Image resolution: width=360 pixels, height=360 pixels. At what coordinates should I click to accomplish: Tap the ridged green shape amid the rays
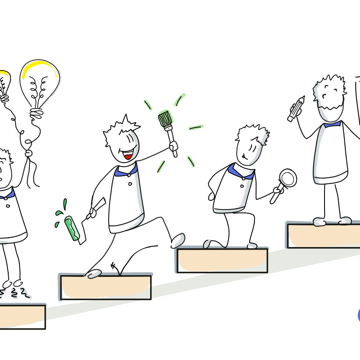coord(166,117)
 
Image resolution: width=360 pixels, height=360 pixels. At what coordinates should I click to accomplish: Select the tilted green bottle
coord(72,228)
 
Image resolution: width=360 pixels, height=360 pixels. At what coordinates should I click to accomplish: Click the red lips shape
coord(128,157)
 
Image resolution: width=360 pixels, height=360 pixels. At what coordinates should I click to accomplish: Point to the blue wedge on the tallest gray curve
coord(332,125)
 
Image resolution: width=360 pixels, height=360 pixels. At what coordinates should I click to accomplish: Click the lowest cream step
coord(22,316)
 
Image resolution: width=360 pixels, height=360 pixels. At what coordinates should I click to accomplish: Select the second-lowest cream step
coord(106,287)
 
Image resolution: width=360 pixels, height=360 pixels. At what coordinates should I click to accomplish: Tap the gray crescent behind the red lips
coord(136,145)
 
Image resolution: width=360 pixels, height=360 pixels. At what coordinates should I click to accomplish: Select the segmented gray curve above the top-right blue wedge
coord(319,102)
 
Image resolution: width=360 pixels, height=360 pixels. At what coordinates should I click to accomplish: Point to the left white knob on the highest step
coord(318,222)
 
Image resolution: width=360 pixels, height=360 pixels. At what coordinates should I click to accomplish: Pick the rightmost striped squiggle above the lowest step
coord(25,293)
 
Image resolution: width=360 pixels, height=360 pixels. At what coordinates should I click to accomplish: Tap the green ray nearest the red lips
coord(161,166)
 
